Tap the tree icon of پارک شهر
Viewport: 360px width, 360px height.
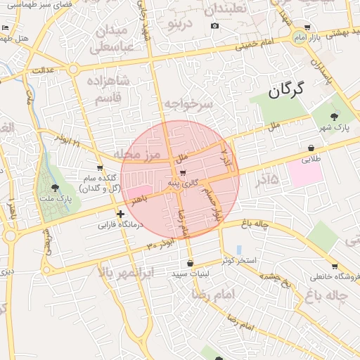point(333,117)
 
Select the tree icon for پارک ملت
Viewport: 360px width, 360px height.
point(55,187)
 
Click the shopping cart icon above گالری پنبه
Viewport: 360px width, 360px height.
point(183,172)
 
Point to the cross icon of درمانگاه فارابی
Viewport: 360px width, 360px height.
point(120,214)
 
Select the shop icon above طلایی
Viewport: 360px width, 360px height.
point(311,148)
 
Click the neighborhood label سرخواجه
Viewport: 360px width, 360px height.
point(188,103)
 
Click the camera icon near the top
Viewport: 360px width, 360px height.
point(214,26)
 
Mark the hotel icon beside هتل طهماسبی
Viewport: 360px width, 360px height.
point(6,27)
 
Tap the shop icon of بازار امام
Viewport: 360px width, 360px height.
point(307,27)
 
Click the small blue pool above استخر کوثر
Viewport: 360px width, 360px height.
point(239,250)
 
